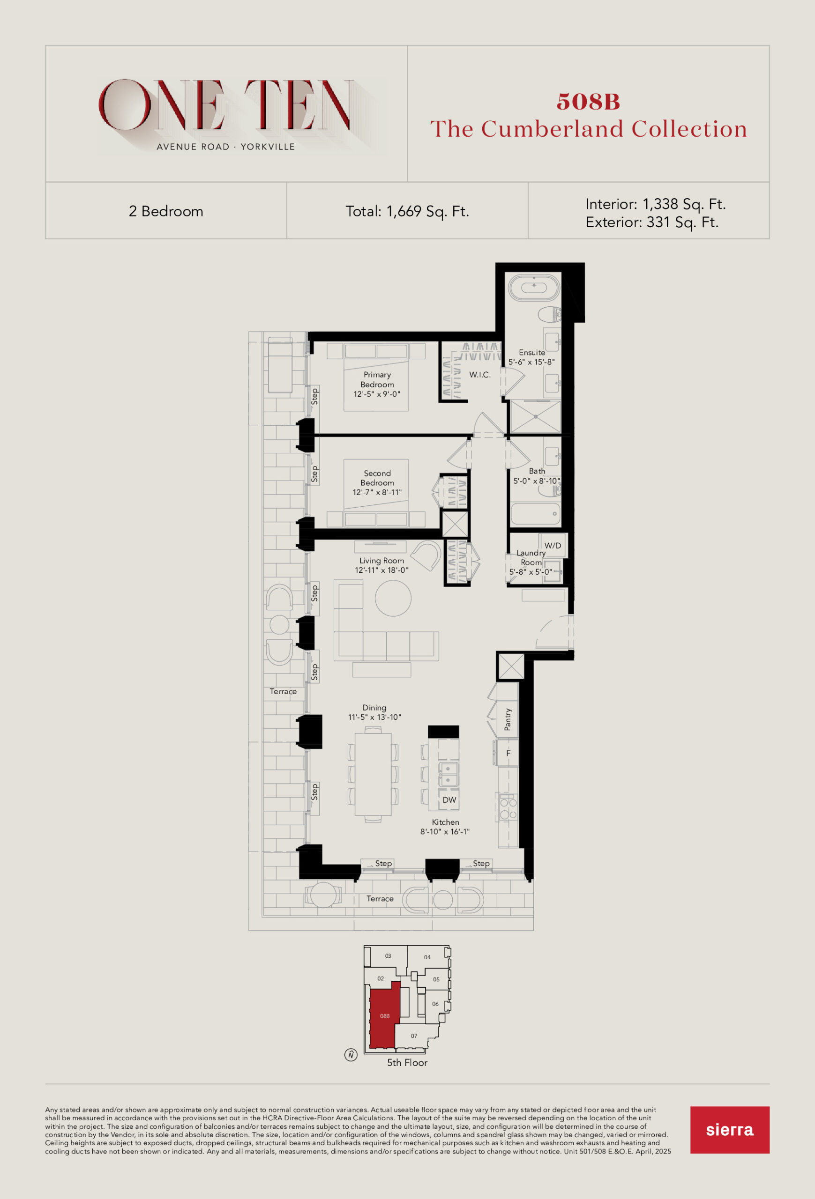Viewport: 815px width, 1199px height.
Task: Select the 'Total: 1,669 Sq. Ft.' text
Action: tap(407, 212)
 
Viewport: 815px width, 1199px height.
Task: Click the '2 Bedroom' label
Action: tap(166, 212)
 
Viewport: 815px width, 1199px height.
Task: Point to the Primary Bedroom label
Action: tap(377, 380)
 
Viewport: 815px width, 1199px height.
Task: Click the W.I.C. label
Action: tap(479, 375)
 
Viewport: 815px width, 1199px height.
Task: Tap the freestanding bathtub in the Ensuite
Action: tap(534, 286)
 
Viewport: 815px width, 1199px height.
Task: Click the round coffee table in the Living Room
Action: tap(393, 598)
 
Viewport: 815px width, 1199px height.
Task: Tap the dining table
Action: tap(373, 774)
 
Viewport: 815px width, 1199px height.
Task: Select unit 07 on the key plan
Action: tap(413, 1036)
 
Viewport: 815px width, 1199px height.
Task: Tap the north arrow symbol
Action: tap(351, 1055)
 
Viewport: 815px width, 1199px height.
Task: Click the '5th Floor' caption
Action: tap(407, 1062)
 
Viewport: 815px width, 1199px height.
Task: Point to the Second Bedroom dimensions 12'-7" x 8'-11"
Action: tap(377, 492)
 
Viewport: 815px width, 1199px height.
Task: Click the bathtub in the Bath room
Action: tap(535, 513)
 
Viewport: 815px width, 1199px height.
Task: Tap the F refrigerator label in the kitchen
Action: tap(508, 753)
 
